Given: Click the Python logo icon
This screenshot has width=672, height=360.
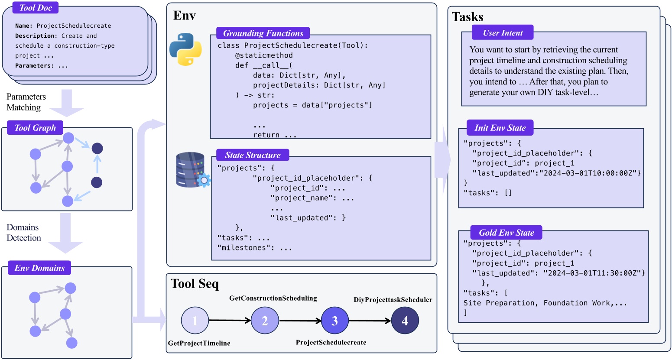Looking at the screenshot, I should pos(185,49).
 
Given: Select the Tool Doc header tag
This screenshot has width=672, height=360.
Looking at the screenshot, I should pos(36,8).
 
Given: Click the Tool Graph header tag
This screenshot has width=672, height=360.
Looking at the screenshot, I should pos(35,128).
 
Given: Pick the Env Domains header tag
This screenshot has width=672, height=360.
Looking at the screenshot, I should pos(39,268).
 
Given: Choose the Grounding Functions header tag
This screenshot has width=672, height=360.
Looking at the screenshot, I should pos(263,33).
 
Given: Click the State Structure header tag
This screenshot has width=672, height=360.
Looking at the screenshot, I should pos(253,155).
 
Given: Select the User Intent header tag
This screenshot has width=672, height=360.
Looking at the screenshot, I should pos(503,33).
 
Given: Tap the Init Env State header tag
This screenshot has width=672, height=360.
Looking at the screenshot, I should pos(500,128).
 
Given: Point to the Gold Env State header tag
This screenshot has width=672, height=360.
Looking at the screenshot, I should pos(506,233).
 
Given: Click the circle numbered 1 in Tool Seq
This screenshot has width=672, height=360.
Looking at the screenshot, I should pos(195,321).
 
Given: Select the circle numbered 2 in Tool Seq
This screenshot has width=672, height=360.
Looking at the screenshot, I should pos(265,321).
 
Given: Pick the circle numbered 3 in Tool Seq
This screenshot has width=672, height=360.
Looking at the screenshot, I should pos(334,321).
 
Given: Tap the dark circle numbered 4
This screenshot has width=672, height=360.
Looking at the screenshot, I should pos(405,321).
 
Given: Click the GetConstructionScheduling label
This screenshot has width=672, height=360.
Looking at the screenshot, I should pos(273,298).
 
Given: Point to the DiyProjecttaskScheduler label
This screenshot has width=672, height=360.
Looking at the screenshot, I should pos(393,300).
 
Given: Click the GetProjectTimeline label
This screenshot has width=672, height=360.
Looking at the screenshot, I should pos(199,343).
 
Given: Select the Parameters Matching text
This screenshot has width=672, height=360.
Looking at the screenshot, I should pos(26,102).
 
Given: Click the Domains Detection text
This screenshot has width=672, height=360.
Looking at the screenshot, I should pos(24,233).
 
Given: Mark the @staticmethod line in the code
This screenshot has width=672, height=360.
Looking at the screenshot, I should pos(264,55).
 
